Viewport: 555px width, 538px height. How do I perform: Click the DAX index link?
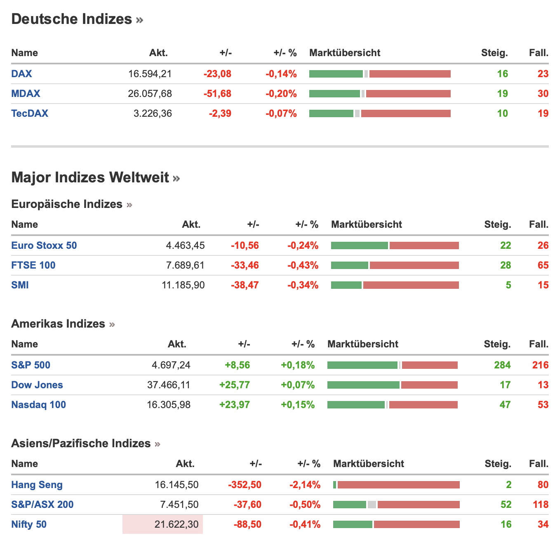pos(21,74)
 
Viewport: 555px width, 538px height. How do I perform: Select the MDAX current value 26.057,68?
pos(150,94)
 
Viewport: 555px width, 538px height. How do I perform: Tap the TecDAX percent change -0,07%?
pos(281,113)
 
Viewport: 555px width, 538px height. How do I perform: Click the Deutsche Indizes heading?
pos(72,19)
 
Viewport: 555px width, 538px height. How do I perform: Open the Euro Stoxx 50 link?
pos(44,245)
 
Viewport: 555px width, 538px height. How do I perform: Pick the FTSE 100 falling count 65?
pos(543,265)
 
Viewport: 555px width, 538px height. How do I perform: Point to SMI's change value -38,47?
pos(245,285)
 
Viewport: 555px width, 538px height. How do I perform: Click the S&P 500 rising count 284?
pos(502,365)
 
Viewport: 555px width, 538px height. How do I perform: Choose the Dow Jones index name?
pos(37,385)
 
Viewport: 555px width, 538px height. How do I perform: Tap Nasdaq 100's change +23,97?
pos(235,405)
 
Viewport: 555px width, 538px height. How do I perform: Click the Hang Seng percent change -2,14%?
pos(305,485)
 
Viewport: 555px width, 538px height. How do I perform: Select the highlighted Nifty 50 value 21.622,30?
pos(176,524)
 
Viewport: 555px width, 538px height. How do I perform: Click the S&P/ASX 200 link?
pos(42,505)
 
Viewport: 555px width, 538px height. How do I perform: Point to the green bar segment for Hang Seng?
pos(335,485)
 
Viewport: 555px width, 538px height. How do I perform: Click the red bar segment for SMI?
pos(411,285)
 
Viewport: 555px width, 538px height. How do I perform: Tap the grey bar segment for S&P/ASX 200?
pos(372,505)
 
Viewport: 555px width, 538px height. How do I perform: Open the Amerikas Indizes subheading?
pos(58,324)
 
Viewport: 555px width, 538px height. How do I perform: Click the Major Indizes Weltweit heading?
pos(90,177)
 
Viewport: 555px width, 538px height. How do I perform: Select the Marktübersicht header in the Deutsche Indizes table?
pos(345,53)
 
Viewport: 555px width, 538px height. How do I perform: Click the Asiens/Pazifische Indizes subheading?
pos(81,444)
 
